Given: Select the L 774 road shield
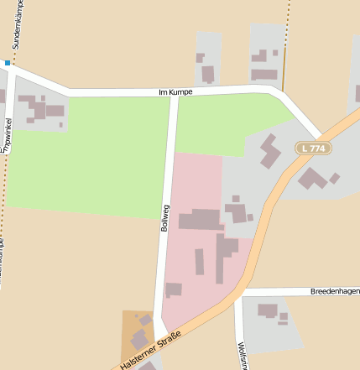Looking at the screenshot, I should (x=312, y=149).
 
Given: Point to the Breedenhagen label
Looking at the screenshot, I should (x=335, y=291).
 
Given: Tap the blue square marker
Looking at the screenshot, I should (x=7, y=63).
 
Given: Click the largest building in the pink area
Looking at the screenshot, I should (x=199, y=221).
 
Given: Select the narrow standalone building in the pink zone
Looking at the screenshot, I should (x=200, y=261).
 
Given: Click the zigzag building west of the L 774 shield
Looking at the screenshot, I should (x=270, y=151).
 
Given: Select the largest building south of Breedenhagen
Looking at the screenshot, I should (x=268, y=311).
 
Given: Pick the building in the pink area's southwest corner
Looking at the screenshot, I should (x=174, y=289).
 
